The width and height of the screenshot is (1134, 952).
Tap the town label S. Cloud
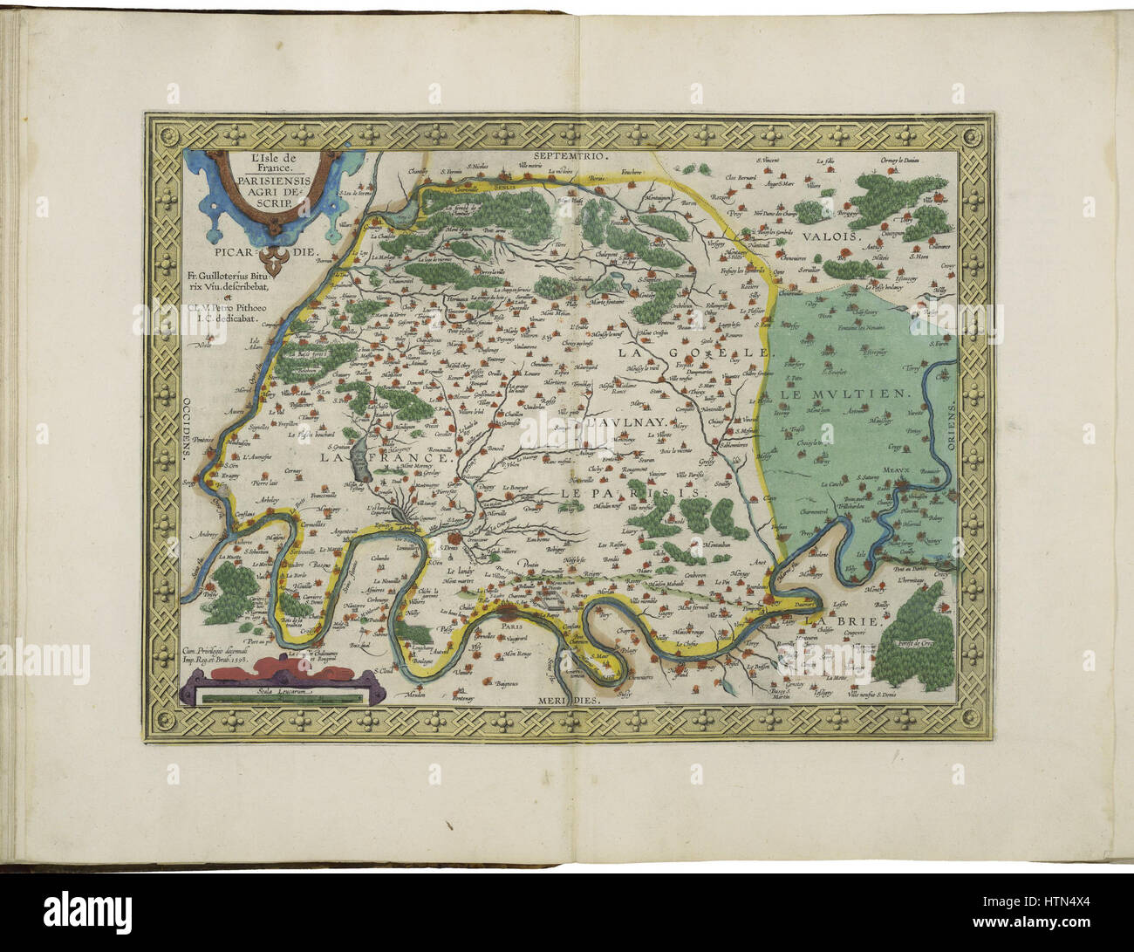380,670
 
